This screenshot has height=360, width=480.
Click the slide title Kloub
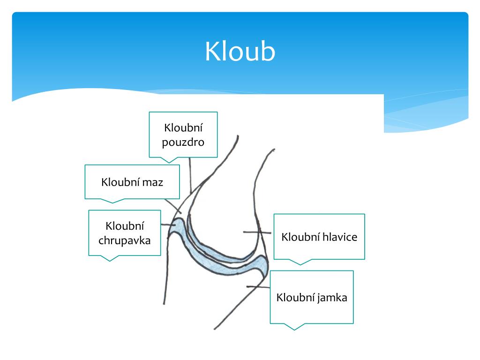click(x=240, y=52)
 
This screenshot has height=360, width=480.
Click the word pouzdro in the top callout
click(x=183, y=142)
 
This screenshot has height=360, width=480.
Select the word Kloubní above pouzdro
click(x=183, y=128)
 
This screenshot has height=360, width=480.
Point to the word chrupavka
click(x=125, y=241)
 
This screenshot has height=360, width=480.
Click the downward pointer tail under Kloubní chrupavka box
click(x=110, y=258)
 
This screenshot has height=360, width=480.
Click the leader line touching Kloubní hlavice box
click(x=258, y=232)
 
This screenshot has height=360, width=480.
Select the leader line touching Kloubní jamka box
click(x=258, y=286)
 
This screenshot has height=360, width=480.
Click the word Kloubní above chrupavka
click(x=125, y=226)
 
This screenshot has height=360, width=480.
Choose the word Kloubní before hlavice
click(x=300, y=237)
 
